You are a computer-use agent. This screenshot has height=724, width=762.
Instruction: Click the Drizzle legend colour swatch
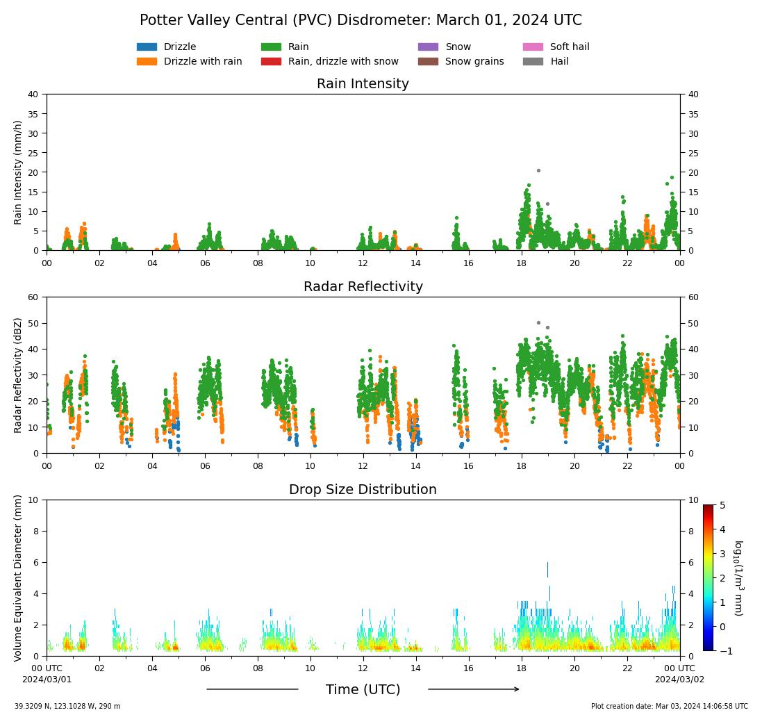[147, 47]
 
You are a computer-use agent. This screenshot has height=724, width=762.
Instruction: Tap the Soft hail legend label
[570, 47]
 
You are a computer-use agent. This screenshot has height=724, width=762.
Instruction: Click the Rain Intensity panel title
[363, 84]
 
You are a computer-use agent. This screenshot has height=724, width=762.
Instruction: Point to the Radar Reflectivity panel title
[363, 287]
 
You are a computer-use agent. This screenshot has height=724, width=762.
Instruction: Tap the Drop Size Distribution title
[363, 490]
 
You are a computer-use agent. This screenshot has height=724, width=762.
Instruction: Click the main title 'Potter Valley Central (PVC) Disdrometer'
[361, 20]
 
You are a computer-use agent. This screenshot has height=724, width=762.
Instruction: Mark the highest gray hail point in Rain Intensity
[538, 170]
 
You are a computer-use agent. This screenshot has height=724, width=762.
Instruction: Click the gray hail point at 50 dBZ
[538, 322]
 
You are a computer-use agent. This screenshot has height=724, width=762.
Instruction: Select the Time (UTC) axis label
[363, 690]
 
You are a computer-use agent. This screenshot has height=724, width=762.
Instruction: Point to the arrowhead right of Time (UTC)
[515, 689]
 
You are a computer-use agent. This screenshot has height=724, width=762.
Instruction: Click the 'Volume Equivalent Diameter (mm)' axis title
[19, 578]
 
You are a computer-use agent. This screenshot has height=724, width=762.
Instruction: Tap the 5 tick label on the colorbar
[722, 505]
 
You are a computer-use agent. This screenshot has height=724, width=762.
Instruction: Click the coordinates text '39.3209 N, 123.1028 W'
[67, 707]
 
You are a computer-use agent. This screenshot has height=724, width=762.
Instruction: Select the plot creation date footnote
[669, 707]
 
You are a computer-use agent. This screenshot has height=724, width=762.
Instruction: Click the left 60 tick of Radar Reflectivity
[33, 297]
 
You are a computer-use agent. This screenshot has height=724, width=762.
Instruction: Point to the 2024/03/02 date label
[679, 680]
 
